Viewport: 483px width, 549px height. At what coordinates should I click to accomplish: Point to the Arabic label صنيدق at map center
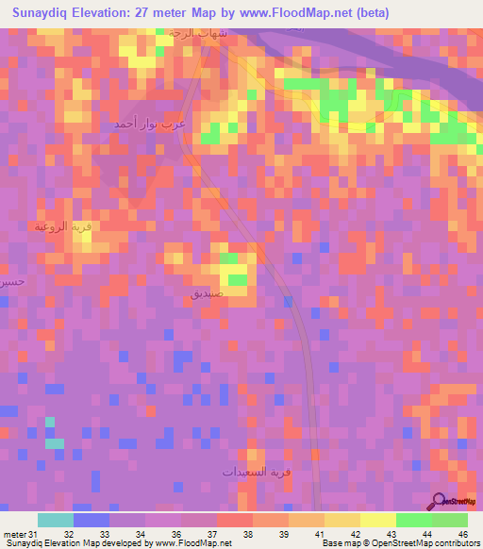click(207, 294)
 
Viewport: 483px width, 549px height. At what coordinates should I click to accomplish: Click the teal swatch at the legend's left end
click(55, 520)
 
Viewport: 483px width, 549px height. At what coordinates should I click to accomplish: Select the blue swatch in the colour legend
click(91, 520)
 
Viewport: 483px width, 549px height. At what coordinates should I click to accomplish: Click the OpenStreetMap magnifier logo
click(439, 501)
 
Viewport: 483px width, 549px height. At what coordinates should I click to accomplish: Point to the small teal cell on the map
click(55, 443)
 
